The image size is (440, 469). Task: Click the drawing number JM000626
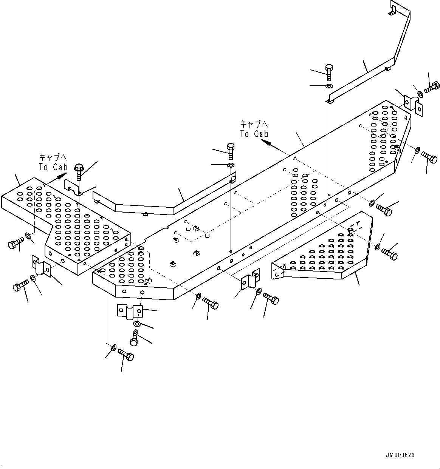[x=400, y=455]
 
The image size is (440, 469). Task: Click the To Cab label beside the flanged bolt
[x=53, y=162]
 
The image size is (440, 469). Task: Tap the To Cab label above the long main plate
[x=254, y=129]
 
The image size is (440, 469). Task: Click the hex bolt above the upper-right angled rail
[x=328, y=72]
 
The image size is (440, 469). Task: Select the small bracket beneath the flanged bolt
[x=72, y=187]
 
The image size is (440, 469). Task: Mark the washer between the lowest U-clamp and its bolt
[x=137, y=324]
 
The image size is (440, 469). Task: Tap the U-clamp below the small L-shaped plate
[x=41, y=266]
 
